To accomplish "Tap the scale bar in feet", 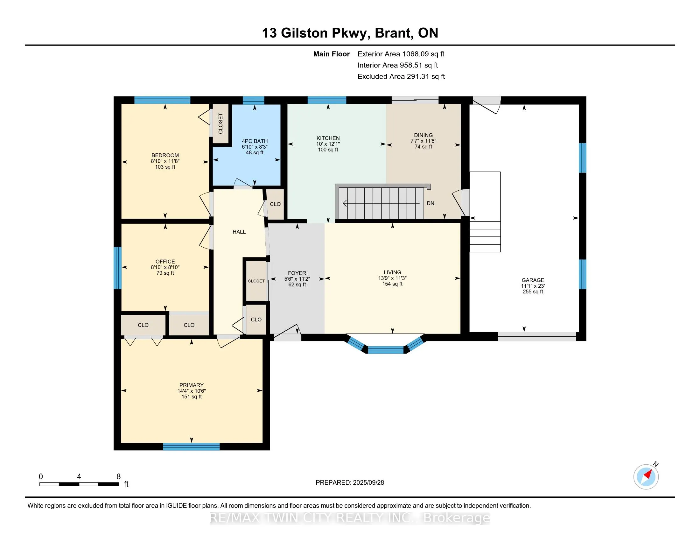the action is pyautogui.click(x=79, y=484).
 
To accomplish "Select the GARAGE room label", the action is pyautogui.click(x=533, y=280).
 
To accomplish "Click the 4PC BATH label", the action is pyautogui.click(x=255, y=141).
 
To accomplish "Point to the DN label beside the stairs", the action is pyautogui.click(x=430, y=203).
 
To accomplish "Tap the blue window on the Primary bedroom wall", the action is pyautogui.click(x=191, y=446).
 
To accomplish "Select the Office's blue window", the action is pyautogui.click(x=118, y=268).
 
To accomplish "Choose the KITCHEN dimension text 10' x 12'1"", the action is pyautogui.click(x=328, y=144).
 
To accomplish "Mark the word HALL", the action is pyautogui.click(x=239, y=232).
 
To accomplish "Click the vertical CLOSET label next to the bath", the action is pyautogui.click(x=220, y=123).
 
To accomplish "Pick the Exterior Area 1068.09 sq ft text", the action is pyautogui.click(x=401, y=54).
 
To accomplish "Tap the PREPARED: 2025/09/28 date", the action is pyautogui.click(x=350, y=483).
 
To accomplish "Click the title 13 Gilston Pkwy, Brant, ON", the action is pyautogui.click(x=350, y=33).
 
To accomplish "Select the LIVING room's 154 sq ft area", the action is pyautogui.click(x=392, y=284).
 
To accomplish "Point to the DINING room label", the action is pyautogui.click(x=423, y=135).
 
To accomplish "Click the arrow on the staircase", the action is pyautogui.click(x=381, y=203).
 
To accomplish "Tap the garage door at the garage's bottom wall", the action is pyautogui.click(x=537, y=336).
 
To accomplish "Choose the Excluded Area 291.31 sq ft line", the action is pyautogui.click(x=401, y=76).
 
